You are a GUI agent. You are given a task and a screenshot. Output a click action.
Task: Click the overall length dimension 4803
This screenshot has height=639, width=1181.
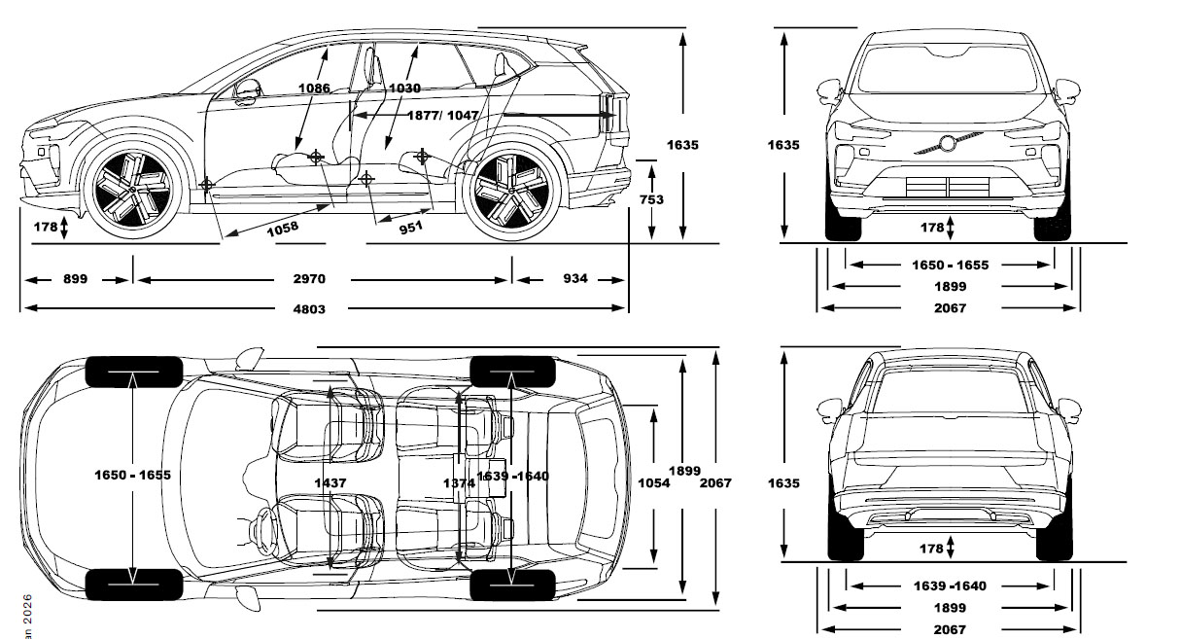(309, 309)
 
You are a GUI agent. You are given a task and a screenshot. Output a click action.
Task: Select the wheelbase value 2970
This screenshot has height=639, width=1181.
(309, 279)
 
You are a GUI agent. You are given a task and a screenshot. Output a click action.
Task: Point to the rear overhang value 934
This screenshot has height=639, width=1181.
(575, 279)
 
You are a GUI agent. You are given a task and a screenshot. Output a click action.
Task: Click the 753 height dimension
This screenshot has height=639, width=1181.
(652, 199)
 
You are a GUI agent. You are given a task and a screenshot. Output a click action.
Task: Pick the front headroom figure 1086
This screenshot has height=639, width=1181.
(315, 88)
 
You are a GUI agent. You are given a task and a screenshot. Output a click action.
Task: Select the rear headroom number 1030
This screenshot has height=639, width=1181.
(404, 88)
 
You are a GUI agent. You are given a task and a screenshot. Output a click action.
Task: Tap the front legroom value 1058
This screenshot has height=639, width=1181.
(281, 227)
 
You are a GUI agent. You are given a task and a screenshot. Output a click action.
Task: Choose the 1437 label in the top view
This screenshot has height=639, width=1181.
(331, 482)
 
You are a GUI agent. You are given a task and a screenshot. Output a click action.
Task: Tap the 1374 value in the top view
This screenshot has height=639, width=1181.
(459, 482)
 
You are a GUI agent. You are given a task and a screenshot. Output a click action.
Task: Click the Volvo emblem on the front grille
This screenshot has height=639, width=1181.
(948, 144)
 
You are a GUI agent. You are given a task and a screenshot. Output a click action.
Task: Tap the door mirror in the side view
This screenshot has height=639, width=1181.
(248, 89)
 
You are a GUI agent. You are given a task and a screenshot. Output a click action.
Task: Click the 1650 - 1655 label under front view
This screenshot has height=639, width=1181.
(950, 265)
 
